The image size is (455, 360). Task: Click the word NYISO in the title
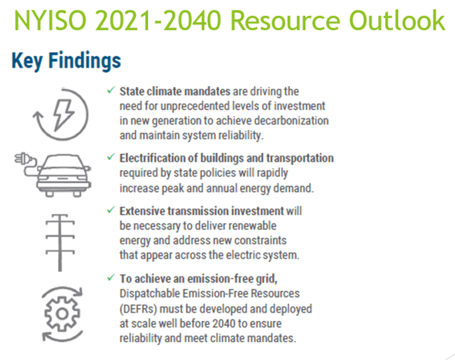pyautogui.click(x=50, y=21)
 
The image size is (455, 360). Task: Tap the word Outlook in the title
pyautogui.click(x=397, y=21)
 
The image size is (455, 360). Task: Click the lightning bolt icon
pyautogui.click(x=64, y=115)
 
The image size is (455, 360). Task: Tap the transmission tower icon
pyautogui.click(x=60, y=243)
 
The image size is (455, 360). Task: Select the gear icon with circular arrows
pyautogui.click(x=62, y=314)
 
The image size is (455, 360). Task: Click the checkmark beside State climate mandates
pyautogui.click(x=111, y=90)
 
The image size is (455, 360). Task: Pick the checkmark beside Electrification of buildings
pyautogui.click(x=111, y=157)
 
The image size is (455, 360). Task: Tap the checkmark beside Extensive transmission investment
pyautogui.click(x=111, y=210)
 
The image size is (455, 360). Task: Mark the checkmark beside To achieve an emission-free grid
pyautogui.click(x=111, y=277)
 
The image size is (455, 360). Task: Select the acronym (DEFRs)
pyautogui.click(x=138, y=309)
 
